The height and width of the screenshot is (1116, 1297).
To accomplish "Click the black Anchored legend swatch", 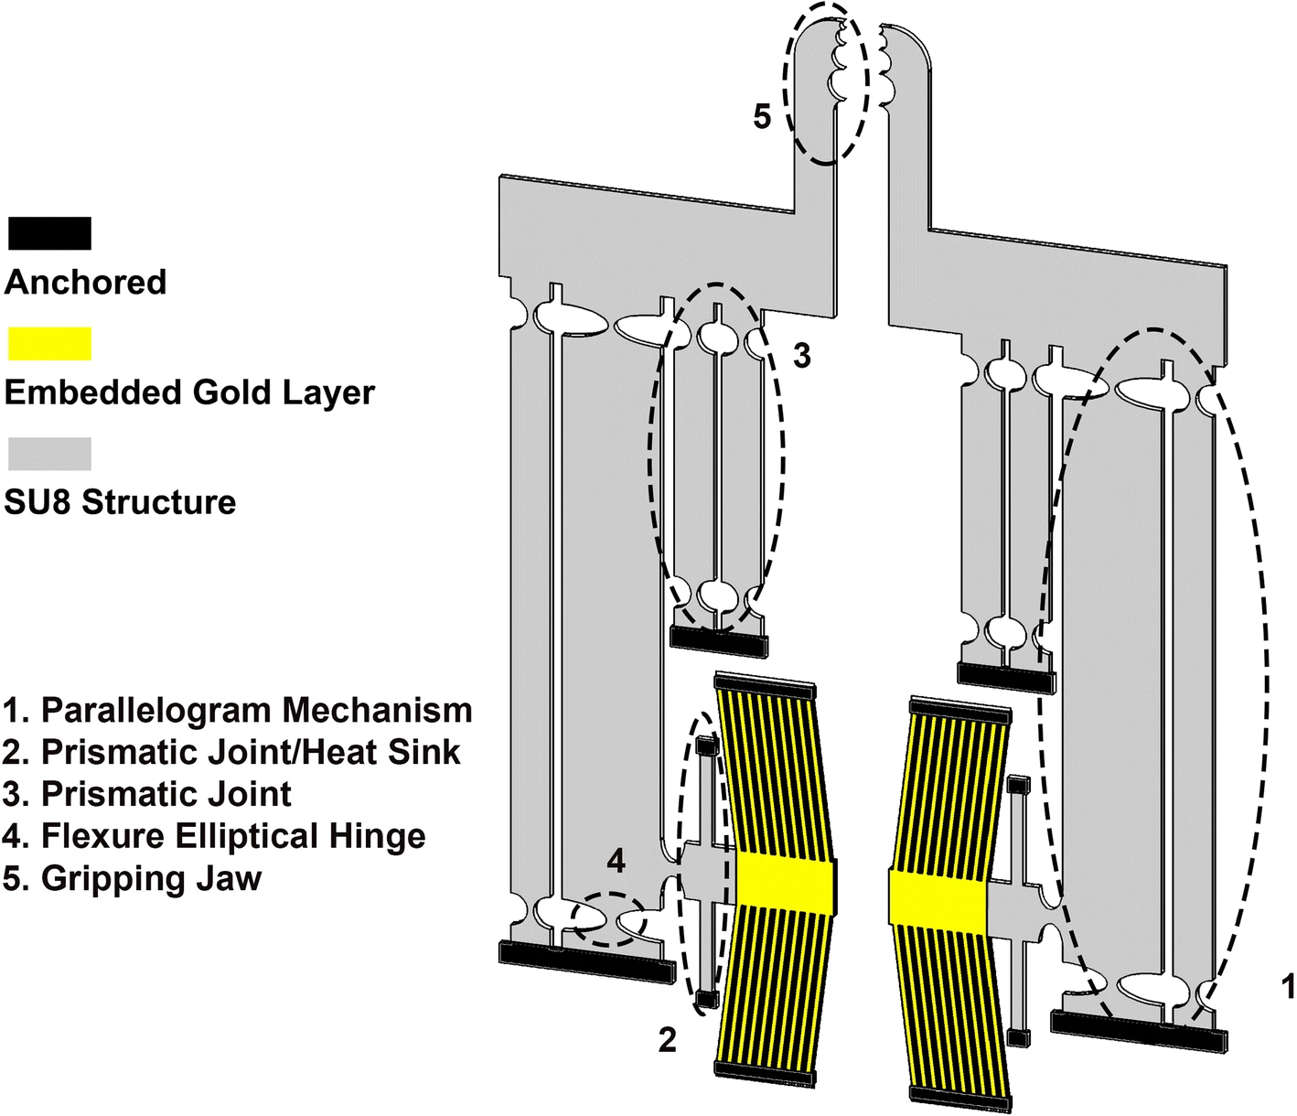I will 49,233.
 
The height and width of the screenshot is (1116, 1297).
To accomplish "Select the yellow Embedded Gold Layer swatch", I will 49,343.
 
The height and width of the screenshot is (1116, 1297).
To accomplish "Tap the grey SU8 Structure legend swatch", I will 49,454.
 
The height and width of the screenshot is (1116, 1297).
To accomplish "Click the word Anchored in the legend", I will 85,282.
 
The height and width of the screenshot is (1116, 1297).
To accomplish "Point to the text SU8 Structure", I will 120,502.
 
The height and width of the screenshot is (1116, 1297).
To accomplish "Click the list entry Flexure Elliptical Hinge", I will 215,836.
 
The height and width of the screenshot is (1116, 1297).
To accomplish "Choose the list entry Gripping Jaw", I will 133,878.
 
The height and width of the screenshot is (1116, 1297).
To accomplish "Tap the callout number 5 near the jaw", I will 762,117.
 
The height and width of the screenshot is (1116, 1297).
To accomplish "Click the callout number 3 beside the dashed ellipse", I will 801,356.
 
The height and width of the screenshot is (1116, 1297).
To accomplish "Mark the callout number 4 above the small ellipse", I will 616,861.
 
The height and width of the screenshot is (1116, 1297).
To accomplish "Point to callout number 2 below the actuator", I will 668,1040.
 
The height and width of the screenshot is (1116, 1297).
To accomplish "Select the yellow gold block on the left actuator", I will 786,884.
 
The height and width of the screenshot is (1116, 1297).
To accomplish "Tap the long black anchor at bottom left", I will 586,963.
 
